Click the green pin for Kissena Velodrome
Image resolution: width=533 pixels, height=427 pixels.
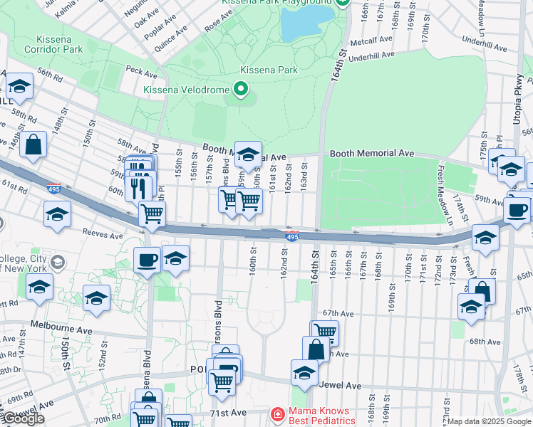pyautogui.click(x=240, y=90)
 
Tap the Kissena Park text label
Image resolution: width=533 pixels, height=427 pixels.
pyautogui.click(x=268, y=70)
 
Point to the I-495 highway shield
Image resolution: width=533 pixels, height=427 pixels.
pyautogui.click(x=291, y=236)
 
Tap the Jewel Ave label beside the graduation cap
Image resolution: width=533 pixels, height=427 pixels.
pyautogui.click(x=343, y=386)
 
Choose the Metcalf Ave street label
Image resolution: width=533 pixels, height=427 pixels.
pyautogui.click(x=376, y=41)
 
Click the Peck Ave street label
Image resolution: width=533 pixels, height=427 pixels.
pyautogui.click(x=140, y=73)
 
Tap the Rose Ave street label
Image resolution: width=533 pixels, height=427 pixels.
pyautogui.click(x=214, y=25)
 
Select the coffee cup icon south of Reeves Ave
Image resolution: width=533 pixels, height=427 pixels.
pyautogui.click(x=148, y=259)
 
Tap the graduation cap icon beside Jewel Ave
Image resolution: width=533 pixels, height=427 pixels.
pyautogui.click(x=304, y=372)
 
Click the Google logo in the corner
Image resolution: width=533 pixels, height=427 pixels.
pyautogui.click(x=24, y=418)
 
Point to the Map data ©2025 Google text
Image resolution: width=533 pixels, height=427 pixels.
pyautogui.click(x=489, y=421)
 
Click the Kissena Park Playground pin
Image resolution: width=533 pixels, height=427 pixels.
pyautogui.click(x=343, y=3)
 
